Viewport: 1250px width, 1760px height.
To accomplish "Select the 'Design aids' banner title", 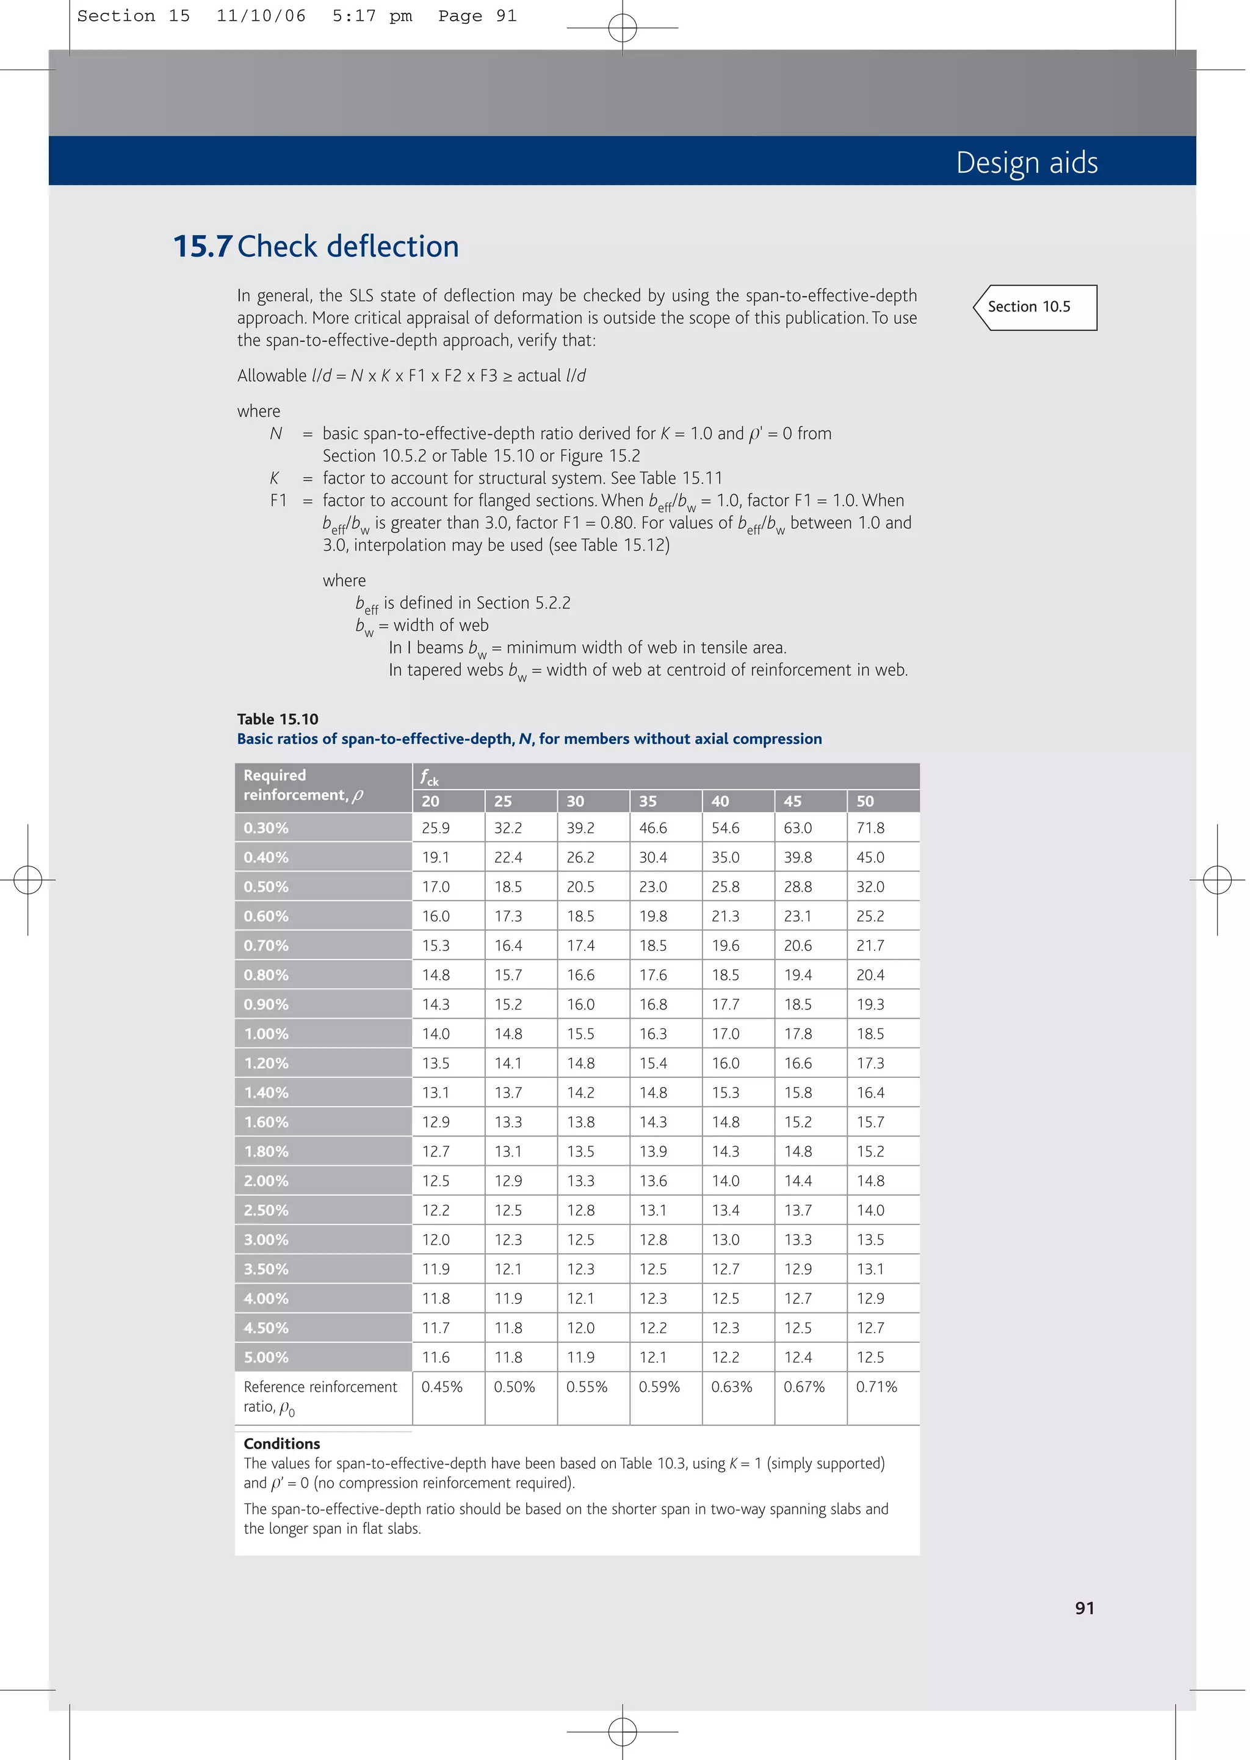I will click(1026, 162).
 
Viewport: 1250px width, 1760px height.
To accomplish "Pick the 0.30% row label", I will click(266, 829).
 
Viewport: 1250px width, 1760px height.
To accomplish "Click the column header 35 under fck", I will click(648, 801).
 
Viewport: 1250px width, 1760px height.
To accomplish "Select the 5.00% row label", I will click(266, 1358).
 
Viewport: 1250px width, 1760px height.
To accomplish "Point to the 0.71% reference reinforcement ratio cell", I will click(876, 1387).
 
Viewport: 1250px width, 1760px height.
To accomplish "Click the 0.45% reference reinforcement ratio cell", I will click(442, 1387).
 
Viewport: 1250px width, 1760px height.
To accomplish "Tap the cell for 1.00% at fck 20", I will click(436, 1034).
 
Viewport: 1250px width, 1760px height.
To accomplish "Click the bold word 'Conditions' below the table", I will click(282, 1444).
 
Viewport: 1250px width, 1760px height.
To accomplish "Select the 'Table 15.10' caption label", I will click(277, 719).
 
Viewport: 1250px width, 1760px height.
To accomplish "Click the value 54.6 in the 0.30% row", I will click(725, 829).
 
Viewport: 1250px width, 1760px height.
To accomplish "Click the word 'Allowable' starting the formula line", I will click(271, 376).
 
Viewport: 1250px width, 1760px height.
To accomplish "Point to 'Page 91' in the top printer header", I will click(477, 16).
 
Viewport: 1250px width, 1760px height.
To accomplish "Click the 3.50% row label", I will click(266, 1269).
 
